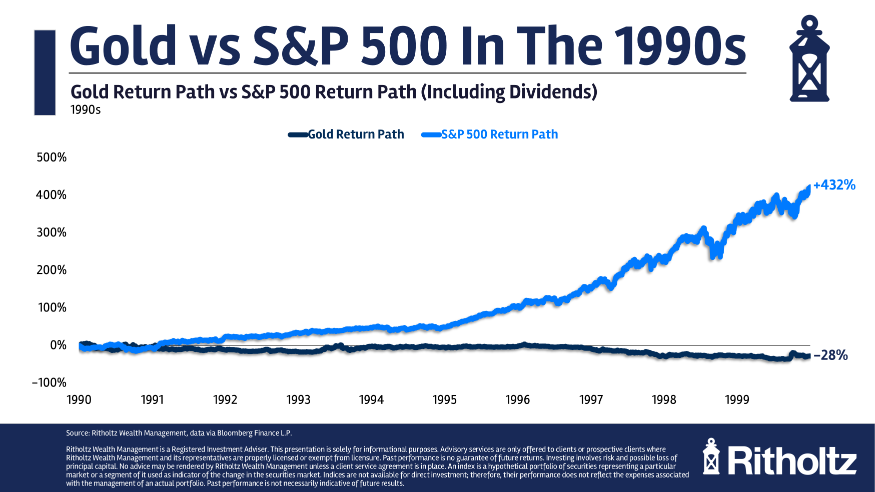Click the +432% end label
(x=834, y=185)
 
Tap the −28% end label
(x=830, y=355)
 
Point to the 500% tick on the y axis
(x=52, y=157)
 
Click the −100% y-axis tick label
(x=49, y=382)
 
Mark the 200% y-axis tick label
(x=52, y=270)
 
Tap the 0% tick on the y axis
(x=58, y=345)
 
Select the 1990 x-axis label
(x=79, y=399)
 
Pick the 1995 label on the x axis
(x=444, y=399)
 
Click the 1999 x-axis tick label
(x=737, y=399)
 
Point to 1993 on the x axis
(x=298, y=399)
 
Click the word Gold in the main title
(x=123, y=46)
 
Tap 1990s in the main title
(x=680, y=46)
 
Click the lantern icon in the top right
(x=809, y=59)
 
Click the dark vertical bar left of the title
(x=45, y=72)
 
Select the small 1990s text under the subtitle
(x=86, y=109)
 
